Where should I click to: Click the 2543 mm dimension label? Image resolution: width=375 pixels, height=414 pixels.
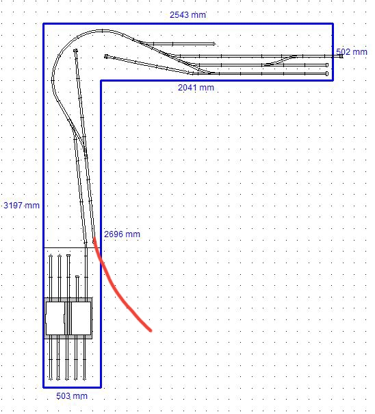[x=187, y=15]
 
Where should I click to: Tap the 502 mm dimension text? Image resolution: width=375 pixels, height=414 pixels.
[x=352, y=52]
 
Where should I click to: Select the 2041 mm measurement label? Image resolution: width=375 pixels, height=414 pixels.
[x=196, y=88]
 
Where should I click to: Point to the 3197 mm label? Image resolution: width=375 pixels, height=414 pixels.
[x=21, y=205]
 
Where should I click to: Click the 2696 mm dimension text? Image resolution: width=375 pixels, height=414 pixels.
[x=122, y=234]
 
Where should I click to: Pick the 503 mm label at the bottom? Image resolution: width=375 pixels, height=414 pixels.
[x=72, y=395]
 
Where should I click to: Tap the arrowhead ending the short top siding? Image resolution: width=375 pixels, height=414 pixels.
[x=214, y=44]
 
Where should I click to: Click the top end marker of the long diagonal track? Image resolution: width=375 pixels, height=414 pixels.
[x=76, y=50]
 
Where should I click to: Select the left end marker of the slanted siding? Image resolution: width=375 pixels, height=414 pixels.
[x=106, y=56]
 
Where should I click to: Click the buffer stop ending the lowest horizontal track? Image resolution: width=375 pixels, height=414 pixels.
[x=327, y=73]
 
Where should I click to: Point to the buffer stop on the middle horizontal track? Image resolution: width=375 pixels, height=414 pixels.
[x=327, y=65]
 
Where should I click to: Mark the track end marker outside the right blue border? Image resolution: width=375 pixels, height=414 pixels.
[x=341, y=56]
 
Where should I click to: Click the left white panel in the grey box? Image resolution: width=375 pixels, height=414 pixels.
[x=55, y=319]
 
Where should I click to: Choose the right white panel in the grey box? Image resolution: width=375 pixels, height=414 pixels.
[x=81, y=319]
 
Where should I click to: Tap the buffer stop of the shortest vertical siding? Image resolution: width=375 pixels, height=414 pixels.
[x=77, y=276]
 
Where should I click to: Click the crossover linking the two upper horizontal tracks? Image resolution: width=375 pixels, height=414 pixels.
[x=280, y=60]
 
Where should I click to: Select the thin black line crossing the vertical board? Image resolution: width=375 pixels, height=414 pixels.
[x=72, y=247]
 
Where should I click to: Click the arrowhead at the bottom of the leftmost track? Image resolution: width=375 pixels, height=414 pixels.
[x=51, y=379]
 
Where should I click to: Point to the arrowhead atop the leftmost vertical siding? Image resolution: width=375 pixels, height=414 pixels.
[x=51, y=255]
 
